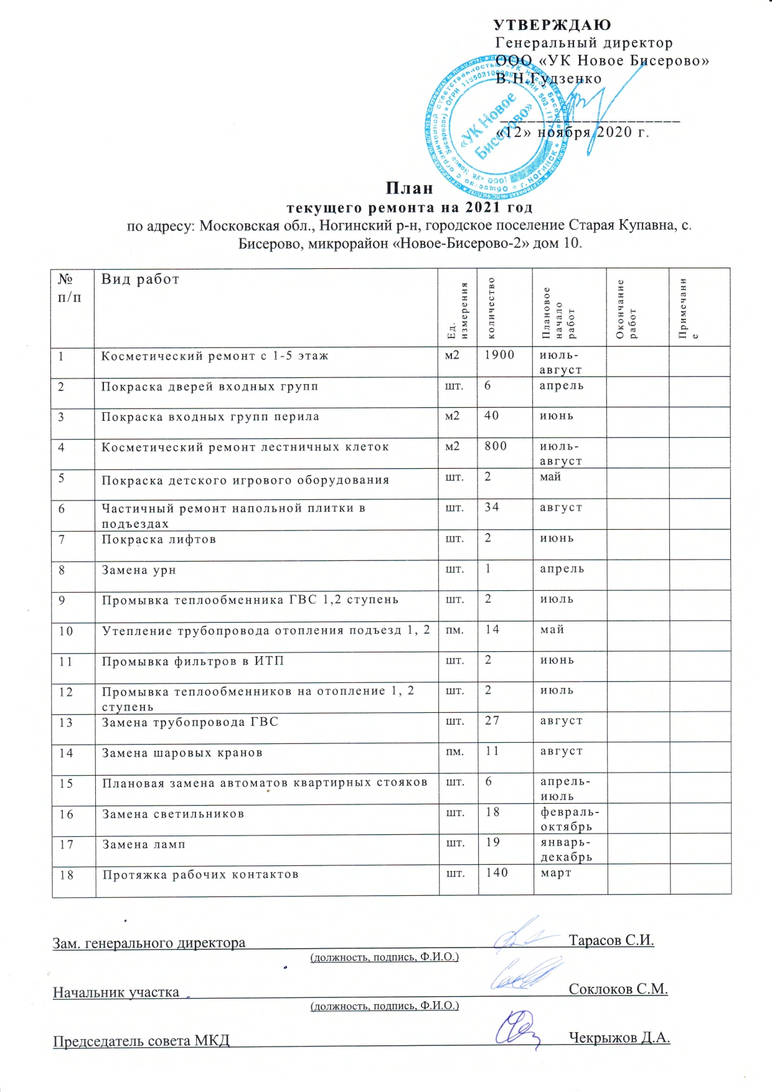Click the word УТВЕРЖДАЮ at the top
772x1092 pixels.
click(552, 25)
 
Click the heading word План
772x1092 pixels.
click(409, 188)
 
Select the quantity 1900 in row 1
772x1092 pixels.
click(499, 355)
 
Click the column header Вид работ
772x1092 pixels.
click(140, 279)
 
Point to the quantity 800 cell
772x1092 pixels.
click(496, 446)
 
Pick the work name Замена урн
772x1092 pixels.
click(139, 570)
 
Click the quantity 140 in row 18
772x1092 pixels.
click(497, 873)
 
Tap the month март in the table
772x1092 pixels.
click(556, 873)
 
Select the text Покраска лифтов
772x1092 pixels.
click(159, 539)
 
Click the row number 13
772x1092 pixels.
click(66, 723)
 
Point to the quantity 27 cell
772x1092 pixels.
click(492, 720)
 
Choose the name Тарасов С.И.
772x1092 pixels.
click(611, 940)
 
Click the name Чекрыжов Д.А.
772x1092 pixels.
click(619, 1038)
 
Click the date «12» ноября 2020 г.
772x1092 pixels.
click(573, 133)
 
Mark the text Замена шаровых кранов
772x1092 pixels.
click(182, 753)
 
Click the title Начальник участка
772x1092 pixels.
click(116, 992)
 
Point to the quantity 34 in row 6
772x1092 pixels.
click(492, 507)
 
